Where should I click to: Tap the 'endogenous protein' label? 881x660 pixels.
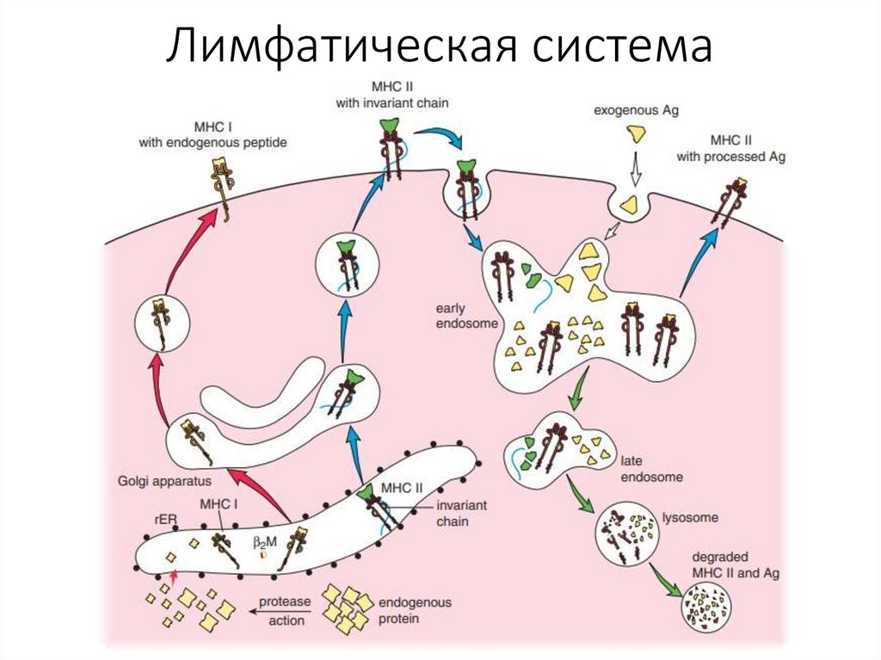pyautogui.click(x=415, y=610)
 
